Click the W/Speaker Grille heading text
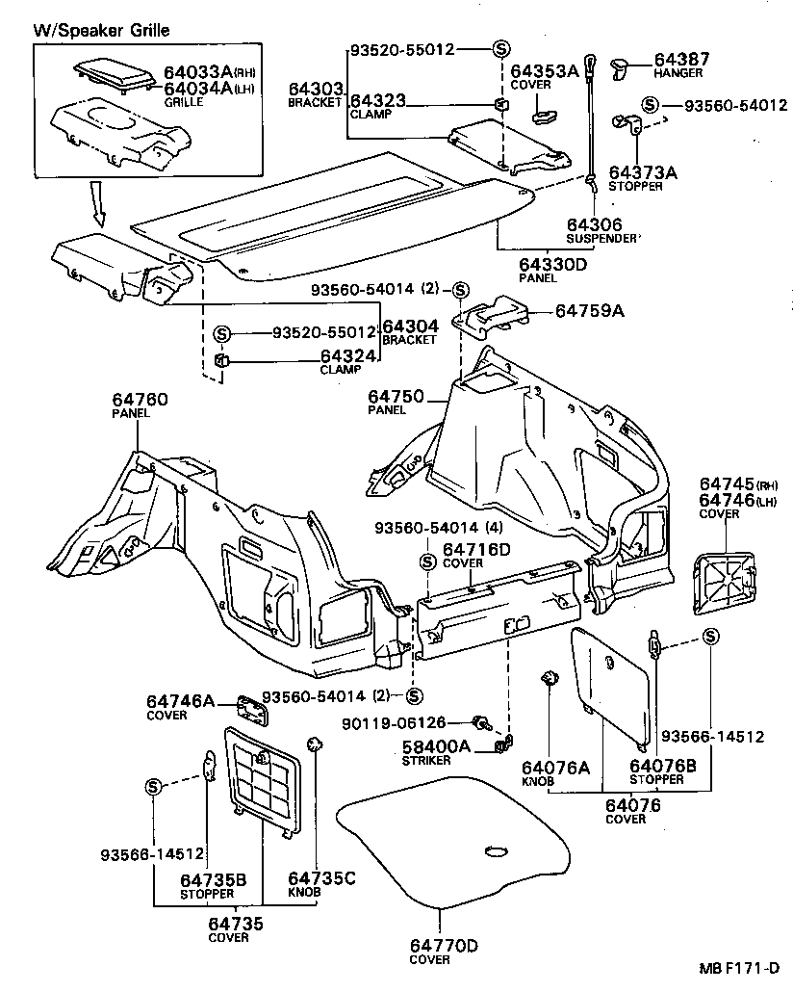102,31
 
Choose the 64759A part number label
589,311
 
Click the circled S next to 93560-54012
651,104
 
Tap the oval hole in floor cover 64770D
496,850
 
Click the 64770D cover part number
444,945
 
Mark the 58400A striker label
437,746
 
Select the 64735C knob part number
321,877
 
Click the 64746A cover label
181,702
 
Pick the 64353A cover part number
544,70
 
